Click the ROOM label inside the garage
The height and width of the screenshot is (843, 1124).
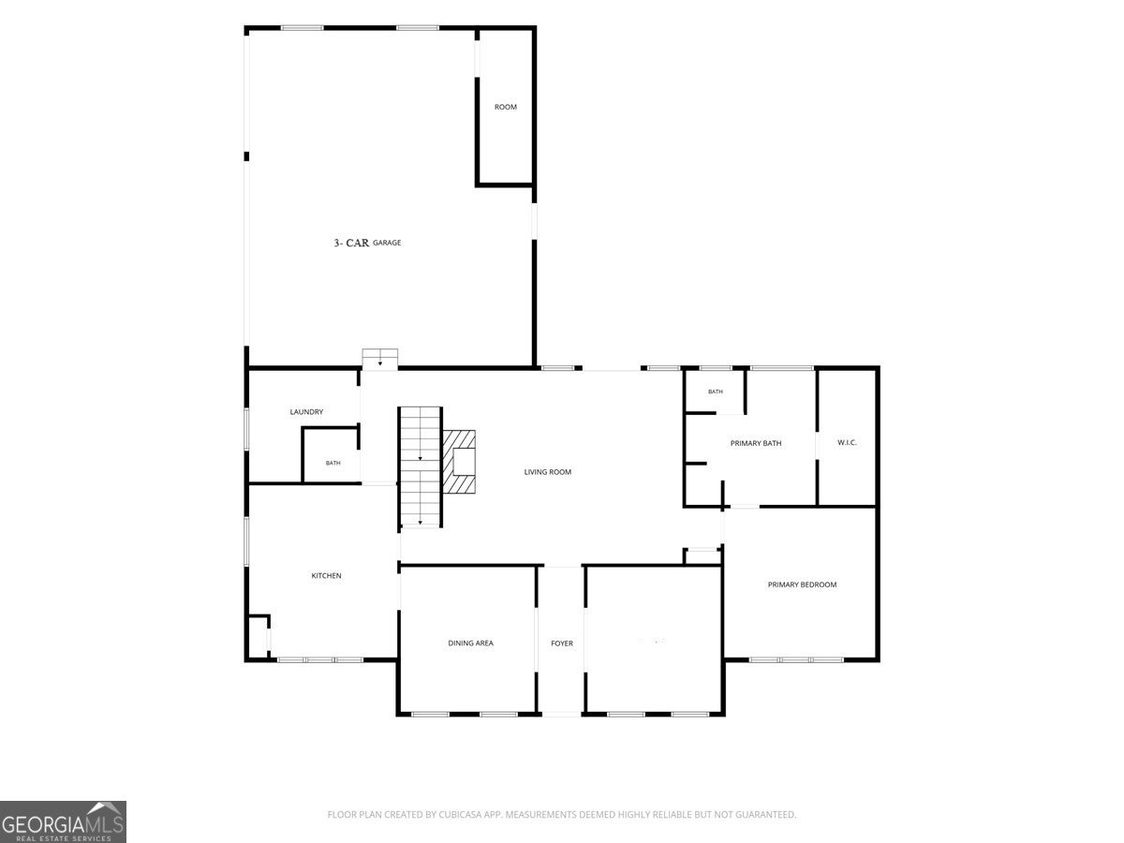coord(505,107)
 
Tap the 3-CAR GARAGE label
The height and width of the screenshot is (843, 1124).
coord(367,243)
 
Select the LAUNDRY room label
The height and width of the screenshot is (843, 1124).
coord(306,411)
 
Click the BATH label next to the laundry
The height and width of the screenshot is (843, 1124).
coord(333,463)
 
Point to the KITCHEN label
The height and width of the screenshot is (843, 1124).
coord(326,576)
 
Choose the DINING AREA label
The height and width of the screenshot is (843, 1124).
coord(470,643)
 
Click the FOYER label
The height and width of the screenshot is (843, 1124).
coord(562,643)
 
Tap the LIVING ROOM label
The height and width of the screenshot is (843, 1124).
coord(547,472)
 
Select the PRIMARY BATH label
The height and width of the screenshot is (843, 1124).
coord(755,443)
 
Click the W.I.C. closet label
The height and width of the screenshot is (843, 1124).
coord(847,442)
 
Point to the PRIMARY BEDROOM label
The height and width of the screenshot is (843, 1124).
coord(802,584)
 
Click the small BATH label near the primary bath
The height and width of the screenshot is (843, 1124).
coord(716,392)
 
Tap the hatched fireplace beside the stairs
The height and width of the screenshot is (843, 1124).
coord(459,462)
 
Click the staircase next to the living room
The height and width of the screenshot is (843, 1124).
coord(420,466)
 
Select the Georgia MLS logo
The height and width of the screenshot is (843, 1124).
coord(63,822)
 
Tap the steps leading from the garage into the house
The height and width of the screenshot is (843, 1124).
coord(380,358)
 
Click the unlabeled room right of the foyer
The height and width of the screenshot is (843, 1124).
coord(654,640)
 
